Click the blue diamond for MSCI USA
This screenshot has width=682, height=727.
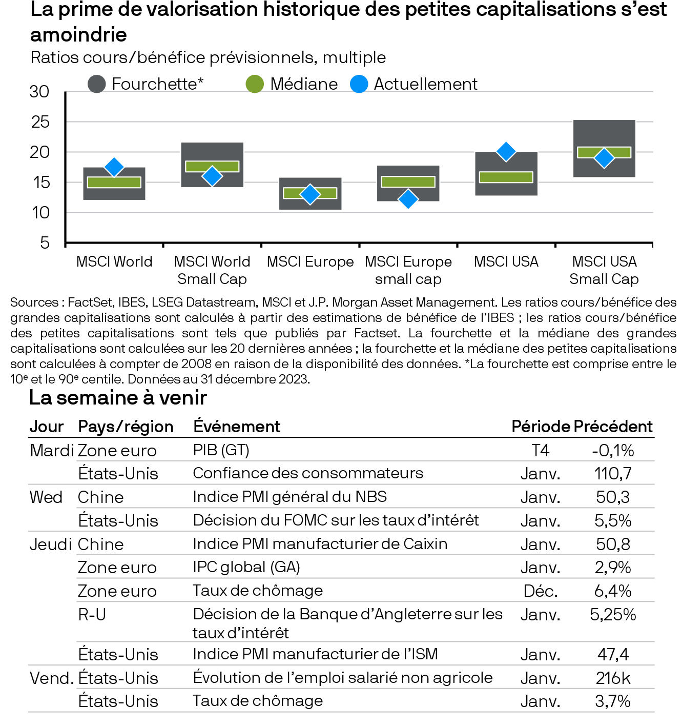(506, 152)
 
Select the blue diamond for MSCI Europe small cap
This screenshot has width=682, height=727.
(408, 199)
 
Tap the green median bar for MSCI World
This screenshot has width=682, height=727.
(114, 182)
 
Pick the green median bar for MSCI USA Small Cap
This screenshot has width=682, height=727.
(604, 152)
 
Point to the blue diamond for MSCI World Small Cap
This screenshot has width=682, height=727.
(212, 176)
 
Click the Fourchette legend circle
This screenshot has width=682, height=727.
(97, 84)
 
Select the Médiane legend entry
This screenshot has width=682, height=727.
(303, 84)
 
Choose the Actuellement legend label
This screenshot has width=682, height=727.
(425, 84)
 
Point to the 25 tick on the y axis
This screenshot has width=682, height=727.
(40, 122)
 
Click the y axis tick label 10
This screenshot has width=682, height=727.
(40, 212)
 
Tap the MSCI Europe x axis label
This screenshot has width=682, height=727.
(310, 262)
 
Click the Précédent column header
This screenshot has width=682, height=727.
(613, 427)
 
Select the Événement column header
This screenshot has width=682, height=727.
(237, 427)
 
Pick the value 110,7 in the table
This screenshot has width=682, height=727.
(613, 473)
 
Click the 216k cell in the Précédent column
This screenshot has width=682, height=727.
(613, 678)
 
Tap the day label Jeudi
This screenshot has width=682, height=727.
(50, 544)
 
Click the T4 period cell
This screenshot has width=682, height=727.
(541, 450)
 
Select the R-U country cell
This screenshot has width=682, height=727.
(92, 614)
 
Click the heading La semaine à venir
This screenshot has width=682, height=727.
(118, 398)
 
